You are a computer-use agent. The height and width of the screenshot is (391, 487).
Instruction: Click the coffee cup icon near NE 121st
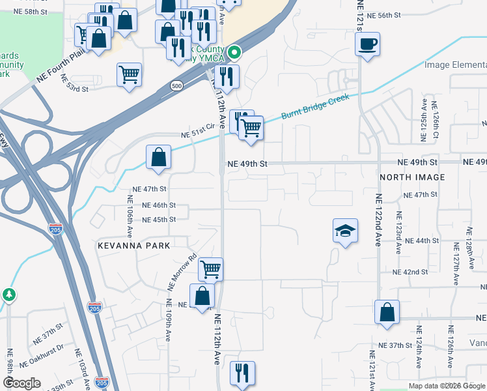pyautogui.click(x=367, y=44)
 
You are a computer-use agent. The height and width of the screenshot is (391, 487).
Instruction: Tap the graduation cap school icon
pyautogui.click(x=345, y=231)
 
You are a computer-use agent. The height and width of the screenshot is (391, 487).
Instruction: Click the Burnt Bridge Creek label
pyautogui.click(x=315, y=107)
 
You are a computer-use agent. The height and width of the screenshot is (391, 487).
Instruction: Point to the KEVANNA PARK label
pyautogui.click(x=133, y=246)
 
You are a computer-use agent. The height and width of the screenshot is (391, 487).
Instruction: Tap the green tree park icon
pyautogui.click(x=8, y=295)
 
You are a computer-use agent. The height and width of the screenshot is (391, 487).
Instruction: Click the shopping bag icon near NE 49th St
pyautogui.click(x=158, y=157)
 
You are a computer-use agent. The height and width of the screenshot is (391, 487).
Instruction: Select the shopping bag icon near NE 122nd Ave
pyautogui.click(x=387, y=311)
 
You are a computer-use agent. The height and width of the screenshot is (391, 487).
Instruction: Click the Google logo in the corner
pyautogui.click(x=21, y=383)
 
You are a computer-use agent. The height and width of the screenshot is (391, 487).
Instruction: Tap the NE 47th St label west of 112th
pyautogui.click(x=150, y=188)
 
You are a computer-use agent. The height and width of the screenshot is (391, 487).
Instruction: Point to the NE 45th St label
pyautogui.click(x=158, y=220)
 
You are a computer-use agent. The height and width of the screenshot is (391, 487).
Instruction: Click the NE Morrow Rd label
pyautogui.click(x=182, y=271)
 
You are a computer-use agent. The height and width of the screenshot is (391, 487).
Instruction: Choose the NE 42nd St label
pyautogui.click(x=410, y=272)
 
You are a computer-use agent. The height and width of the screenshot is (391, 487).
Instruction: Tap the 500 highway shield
pyautogui.click(x=176, y=85)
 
